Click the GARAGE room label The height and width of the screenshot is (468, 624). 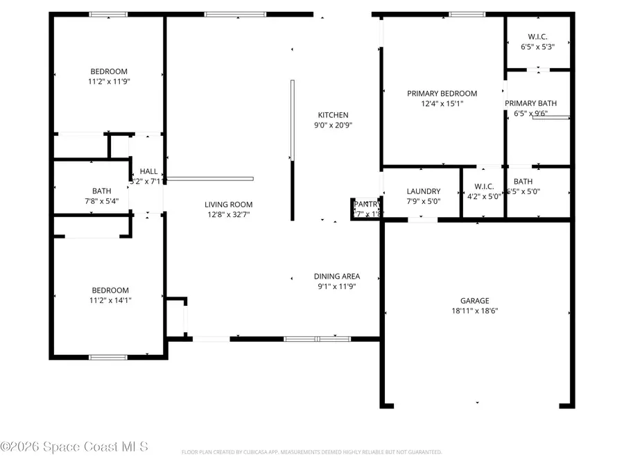[475, 301]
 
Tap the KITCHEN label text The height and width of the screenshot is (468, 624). [333, 115]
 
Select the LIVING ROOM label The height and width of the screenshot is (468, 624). [228, 205]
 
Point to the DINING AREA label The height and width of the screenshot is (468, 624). [336, 276]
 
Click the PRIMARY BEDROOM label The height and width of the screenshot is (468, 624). [442, 94]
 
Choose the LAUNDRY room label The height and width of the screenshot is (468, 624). [424, 191]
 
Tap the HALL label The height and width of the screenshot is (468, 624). [148, 171]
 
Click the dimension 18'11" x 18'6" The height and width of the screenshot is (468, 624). [475, 311]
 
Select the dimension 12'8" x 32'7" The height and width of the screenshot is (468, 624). [228, 214]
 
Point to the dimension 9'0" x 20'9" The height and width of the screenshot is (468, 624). [333, 125]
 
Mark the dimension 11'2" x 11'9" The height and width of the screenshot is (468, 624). [109, 81]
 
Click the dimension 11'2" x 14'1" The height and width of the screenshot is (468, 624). [109, 300]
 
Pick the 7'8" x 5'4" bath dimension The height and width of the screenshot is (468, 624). [101, 201]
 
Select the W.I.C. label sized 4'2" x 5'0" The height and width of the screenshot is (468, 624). [483, 187]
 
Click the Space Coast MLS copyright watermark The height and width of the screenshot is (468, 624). [74, 447]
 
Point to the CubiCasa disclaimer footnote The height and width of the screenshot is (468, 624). [311, 452]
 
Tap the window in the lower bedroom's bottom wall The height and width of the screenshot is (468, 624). [108, 357]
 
